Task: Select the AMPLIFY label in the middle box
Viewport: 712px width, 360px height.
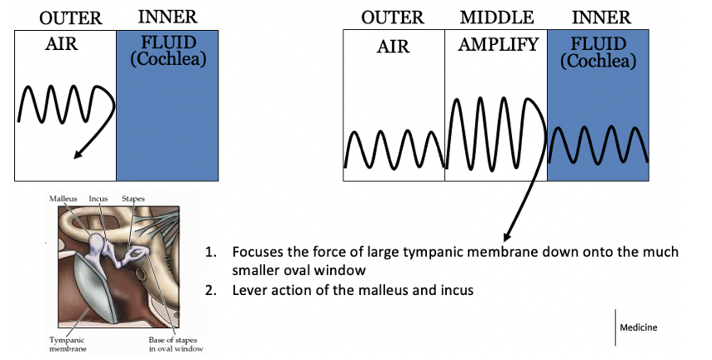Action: coord(498,45)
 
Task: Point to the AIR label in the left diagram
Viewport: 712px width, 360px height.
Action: coord(61,44)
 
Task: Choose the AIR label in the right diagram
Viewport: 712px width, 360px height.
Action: coord(394,47)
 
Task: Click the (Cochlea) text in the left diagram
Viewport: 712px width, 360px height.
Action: coord(168,59)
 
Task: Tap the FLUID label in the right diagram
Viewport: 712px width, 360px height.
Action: coord(597,46)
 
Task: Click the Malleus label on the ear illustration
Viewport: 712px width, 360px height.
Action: coord(63,199)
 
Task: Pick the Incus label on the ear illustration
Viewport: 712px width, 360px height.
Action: coord(98,199)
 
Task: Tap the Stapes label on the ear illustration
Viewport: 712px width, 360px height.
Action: coord(133,199)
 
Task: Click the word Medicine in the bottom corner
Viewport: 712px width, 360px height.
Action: coord(638,327)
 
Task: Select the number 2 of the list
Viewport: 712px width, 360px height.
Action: coord(213,290)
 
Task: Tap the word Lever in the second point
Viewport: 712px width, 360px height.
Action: coord(250,290)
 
